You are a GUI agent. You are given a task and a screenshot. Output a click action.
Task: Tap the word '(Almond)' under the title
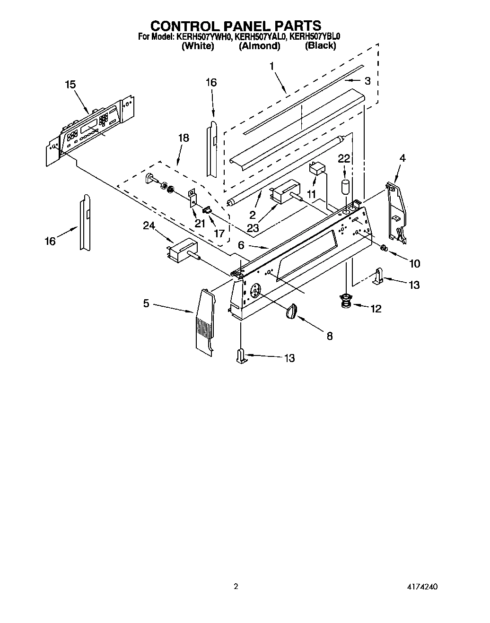(259, 46)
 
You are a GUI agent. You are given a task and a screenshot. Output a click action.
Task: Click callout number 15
(70, 85)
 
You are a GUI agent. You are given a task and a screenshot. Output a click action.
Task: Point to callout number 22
(344, 159)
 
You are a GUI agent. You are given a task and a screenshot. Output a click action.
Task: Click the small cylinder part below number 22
(346, 186)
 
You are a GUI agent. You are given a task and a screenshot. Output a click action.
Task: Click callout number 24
(149, 226)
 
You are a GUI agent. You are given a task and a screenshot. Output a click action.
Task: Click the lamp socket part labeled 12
(347, 301)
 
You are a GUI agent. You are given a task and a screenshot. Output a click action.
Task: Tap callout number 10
(414, 263)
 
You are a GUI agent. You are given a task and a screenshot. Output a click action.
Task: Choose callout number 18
(183, 138)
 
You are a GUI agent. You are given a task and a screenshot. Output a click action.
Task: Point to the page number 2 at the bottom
(236, 587)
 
